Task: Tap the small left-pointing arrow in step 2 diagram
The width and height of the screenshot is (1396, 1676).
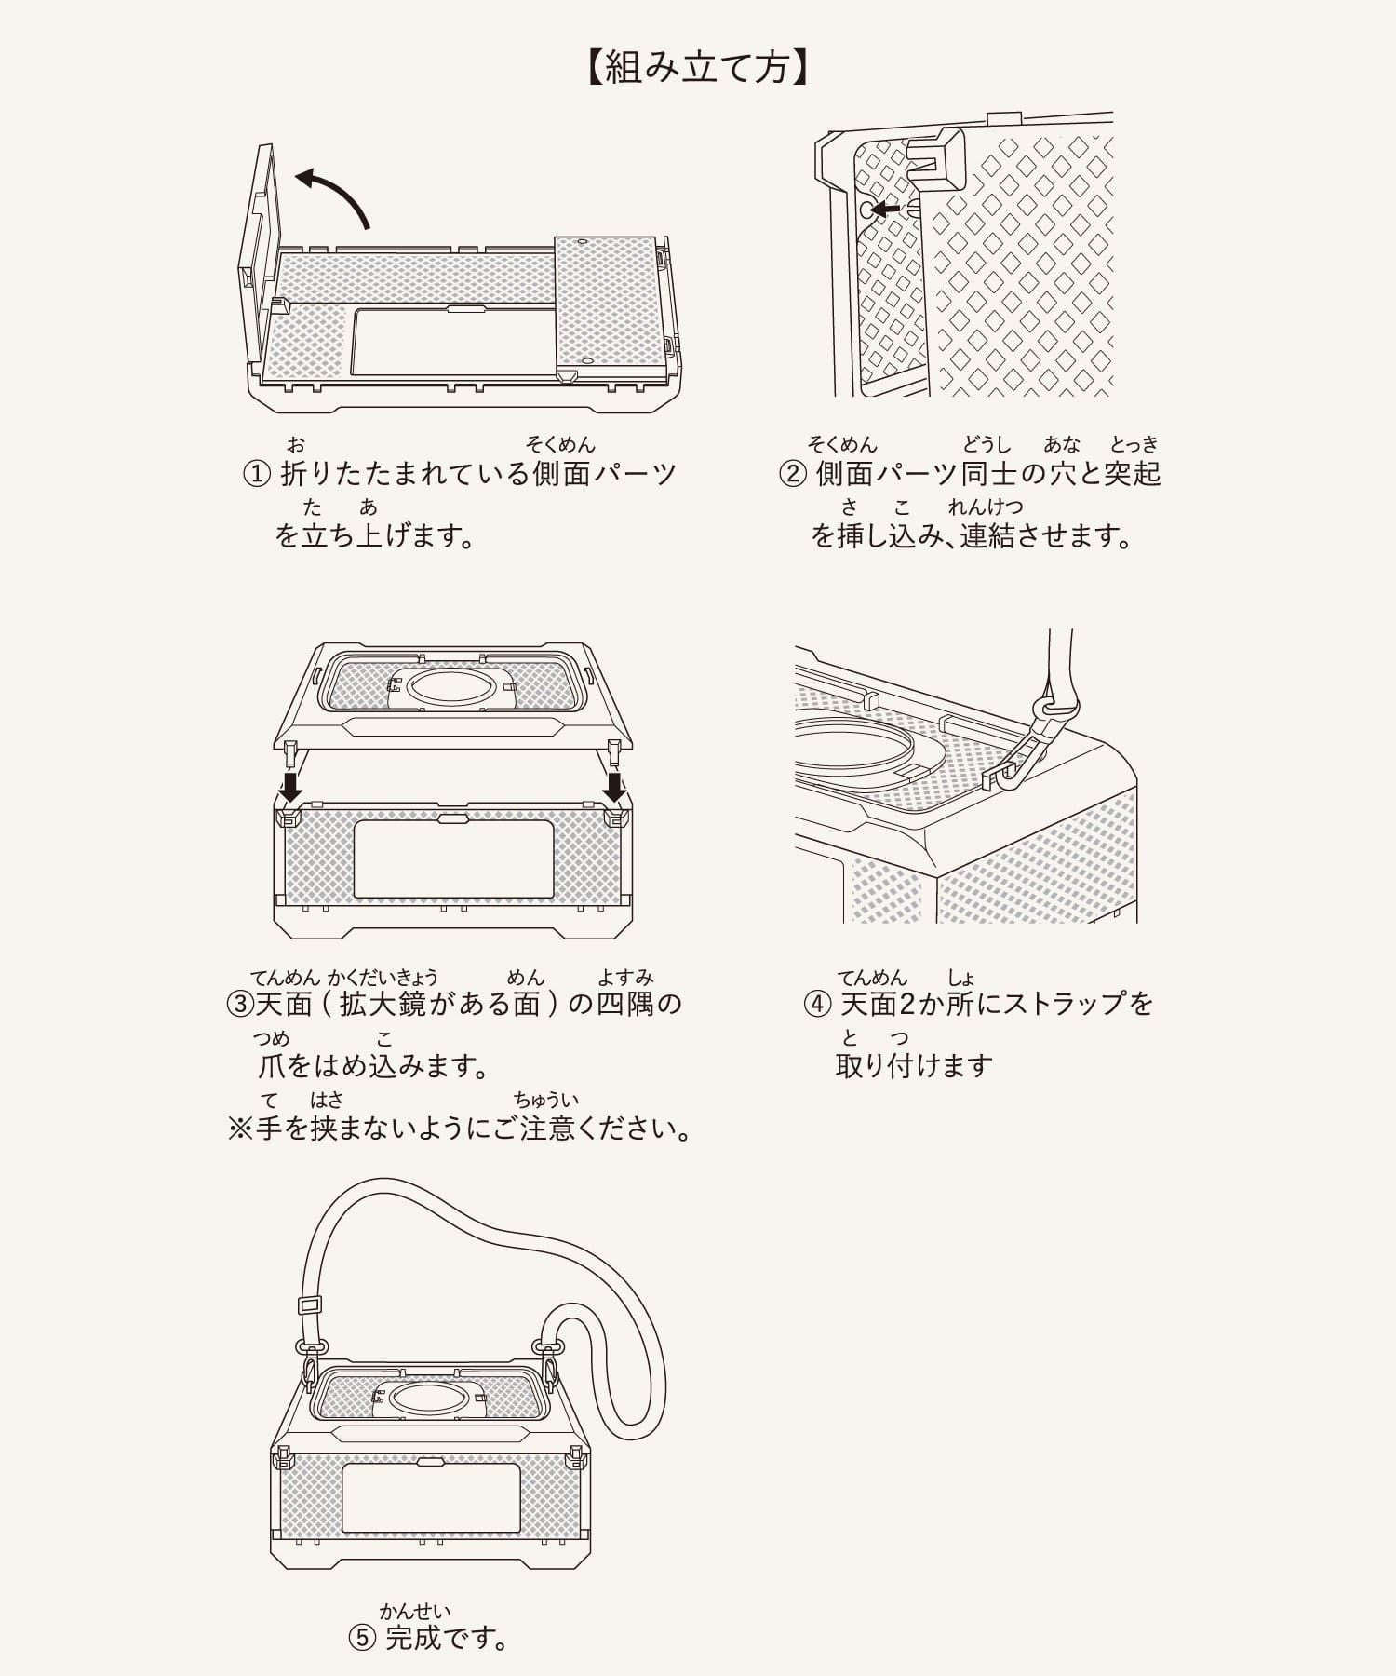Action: click(x=885, y=209)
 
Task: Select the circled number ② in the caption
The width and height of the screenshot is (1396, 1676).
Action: click(x=792, y=474)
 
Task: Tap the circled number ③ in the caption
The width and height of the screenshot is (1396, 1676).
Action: click(x=241, y=1004)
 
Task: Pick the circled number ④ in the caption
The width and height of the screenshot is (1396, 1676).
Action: click(x=816, y=1004)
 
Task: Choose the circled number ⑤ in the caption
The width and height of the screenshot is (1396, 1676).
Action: click(x=362, y=1638)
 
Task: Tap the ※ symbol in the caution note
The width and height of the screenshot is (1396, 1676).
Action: click(x=240, y=1129)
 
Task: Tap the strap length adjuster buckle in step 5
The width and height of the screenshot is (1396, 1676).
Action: click(x=311, y=1305)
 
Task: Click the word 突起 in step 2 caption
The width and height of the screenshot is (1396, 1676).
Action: click(x=1133, y=474)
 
